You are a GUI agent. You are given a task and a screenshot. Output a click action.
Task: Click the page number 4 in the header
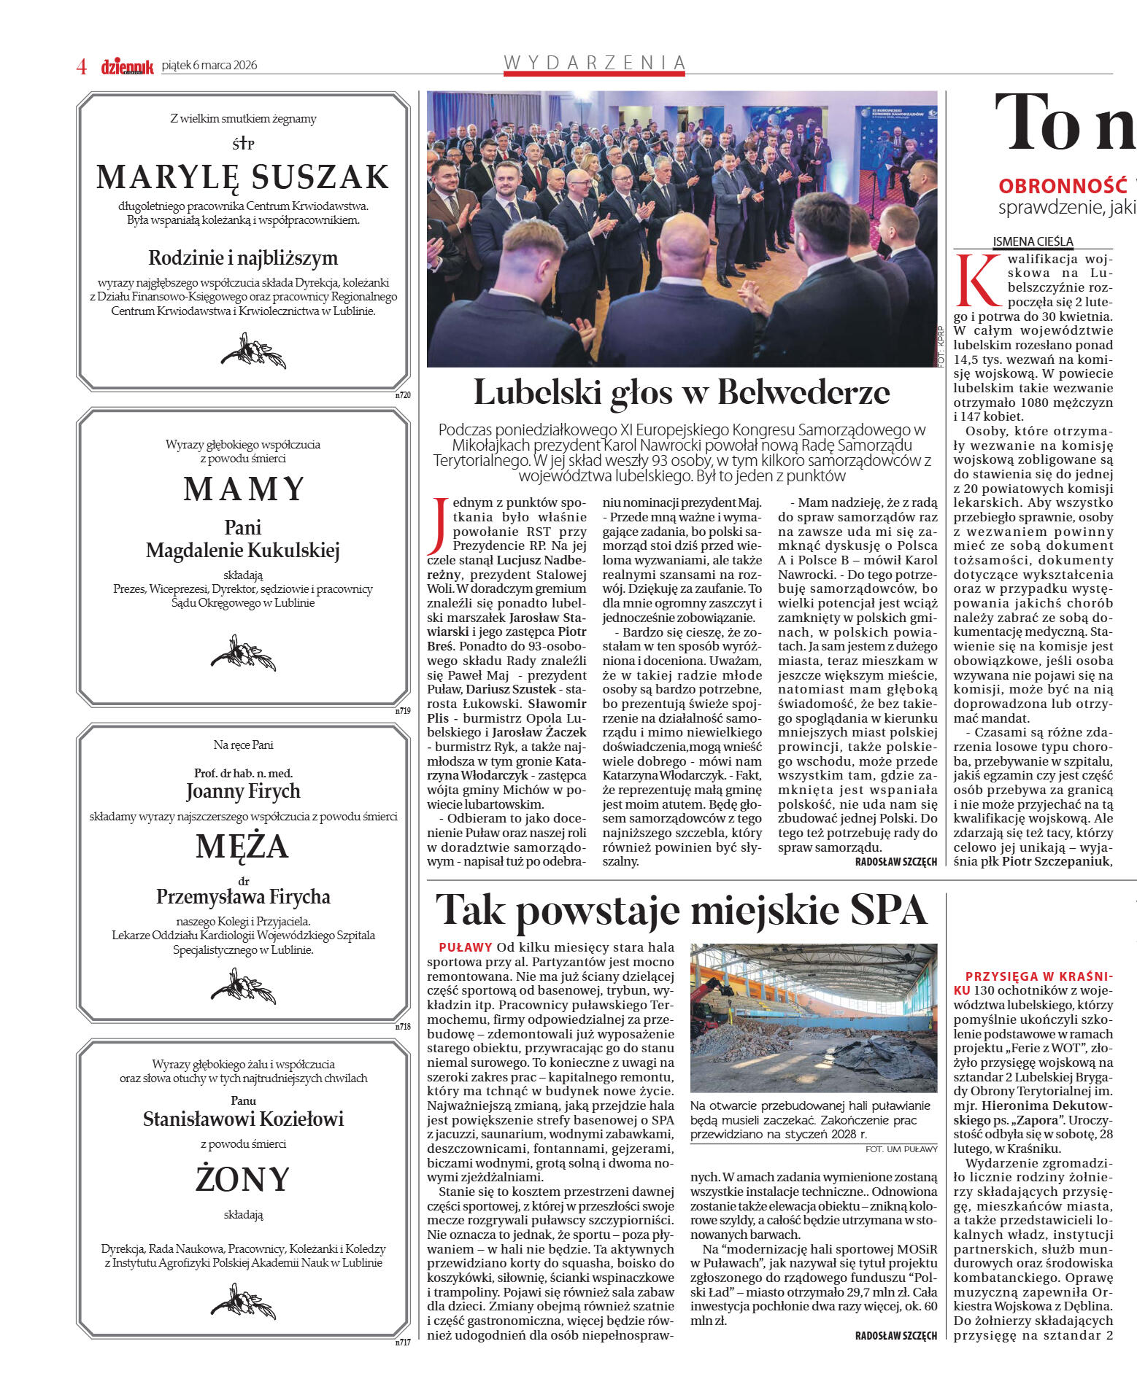coord(82,66)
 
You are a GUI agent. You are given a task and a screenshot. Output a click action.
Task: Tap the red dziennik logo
coord(127,66)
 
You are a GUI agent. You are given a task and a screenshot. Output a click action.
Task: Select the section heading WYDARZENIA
coord(595,63)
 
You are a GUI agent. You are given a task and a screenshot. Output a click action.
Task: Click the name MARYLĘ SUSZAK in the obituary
coord(243,177)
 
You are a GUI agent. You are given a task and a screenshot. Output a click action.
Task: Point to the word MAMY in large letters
coord(244,489)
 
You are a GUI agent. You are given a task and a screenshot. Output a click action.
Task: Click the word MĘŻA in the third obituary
coord(242,846)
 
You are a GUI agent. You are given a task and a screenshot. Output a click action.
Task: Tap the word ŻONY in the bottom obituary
coord(243,1179)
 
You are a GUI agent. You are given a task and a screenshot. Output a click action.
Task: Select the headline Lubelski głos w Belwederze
coord(682,392)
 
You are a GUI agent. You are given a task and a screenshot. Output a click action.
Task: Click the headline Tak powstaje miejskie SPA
coord(681,910)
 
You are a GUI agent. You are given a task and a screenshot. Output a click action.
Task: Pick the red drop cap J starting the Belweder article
coord(438,525)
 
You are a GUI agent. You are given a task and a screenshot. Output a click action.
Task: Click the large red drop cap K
coord(977,281)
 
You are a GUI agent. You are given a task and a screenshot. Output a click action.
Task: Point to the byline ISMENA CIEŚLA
coord(1033,241)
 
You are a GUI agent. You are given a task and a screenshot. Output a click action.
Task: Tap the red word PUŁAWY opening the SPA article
coord(466,947)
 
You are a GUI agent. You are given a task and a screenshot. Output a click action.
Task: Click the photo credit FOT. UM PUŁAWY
coord(901,1149)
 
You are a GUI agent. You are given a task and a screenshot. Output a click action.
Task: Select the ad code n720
coord(403,395)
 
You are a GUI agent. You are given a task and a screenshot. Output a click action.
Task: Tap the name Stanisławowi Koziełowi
coord(243,1119)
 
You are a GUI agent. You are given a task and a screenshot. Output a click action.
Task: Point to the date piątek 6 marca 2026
coord(209,65)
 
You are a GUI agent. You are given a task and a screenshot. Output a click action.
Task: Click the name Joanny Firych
coord(243,791)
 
